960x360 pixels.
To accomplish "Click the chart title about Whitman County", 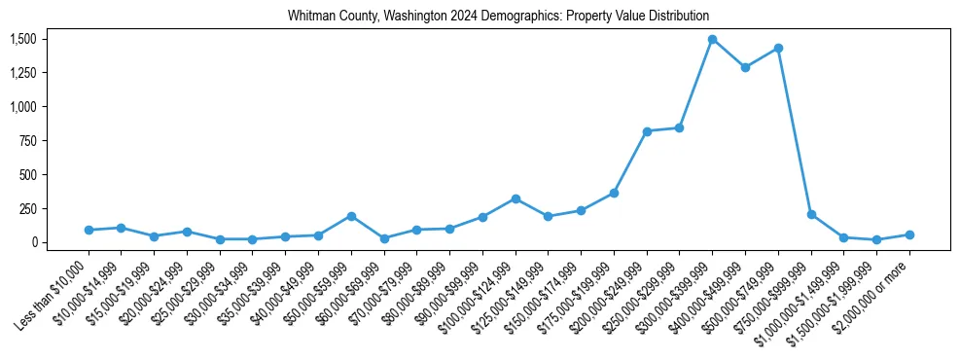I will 498,16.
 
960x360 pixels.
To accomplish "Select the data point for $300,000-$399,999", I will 712,40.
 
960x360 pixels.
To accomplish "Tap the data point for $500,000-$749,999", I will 778,48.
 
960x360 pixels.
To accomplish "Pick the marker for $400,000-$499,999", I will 745,68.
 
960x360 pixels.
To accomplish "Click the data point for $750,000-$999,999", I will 811,214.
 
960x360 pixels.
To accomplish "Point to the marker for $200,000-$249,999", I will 647,131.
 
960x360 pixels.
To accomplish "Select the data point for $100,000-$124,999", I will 516,198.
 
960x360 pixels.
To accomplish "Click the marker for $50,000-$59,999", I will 351,216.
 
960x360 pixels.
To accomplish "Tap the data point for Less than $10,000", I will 89,230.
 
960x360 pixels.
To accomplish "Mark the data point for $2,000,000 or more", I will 909,234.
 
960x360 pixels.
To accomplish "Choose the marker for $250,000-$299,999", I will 679,127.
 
